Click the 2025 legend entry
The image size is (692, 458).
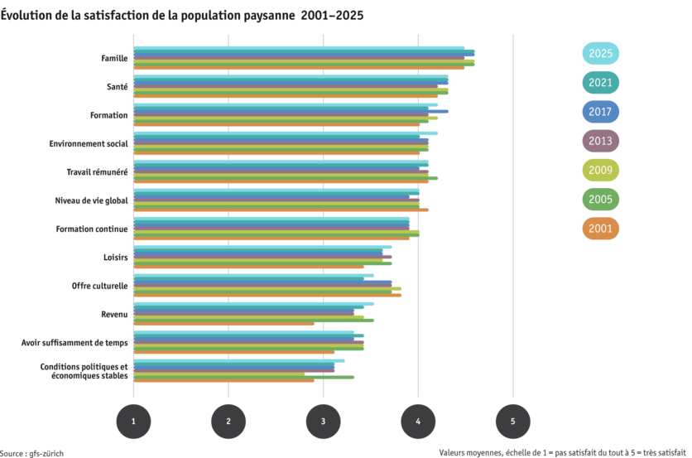pos(600,54)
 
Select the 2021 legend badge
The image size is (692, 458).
pos(600,83)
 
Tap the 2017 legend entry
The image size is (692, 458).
pos(600,112)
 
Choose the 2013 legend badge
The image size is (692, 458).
pos(600,141)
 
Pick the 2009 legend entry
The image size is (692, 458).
pos(600,171)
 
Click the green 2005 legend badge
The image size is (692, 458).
pos(600,200)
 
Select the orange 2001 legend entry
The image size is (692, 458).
pos(600,229)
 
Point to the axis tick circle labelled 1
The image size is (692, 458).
pos(133,422)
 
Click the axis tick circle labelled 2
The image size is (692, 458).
pos(228,422)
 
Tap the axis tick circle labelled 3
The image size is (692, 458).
pos(323,422)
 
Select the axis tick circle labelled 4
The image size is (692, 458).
pos(418,422)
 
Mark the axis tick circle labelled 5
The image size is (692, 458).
pos(512,422)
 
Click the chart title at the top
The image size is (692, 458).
pos(181,16)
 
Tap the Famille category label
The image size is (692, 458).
pos(114,58)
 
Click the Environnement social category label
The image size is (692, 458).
pos(88,143)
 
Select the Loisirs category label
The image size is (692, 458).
pos(115,257)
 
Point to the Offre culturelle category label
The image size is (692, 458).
pos(99,285)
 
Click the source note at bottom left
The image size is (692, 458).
pos(32,453)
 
